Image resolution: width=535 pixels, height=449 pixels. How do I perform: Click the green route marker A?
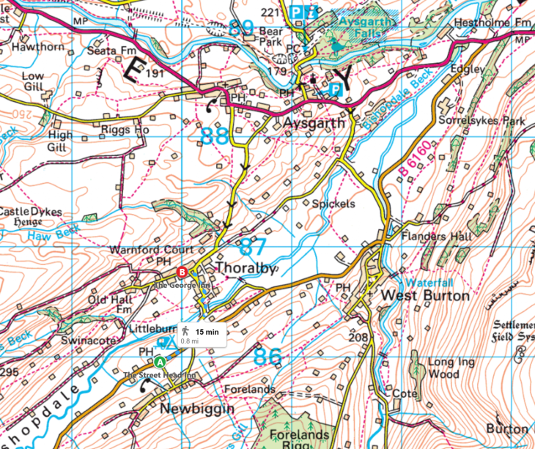tap(160, 361)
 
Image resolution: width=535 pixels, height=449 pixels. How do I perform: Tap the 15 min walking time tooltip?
tap(202, 335)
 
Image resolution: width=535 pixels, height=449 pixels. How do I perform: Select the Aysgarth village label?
tap(313, 124)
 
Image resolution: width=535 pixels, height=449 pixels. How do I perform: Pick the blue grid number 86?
tap(267, 357)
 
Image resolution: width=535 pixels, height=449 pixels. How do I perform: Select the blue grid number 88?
tap(214, 136)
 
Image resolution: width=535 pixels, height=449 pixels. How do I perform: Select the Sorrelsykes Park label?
tap(481, 119)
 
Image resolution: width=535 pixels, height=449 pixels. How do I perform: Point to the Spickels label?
tap(333, 203)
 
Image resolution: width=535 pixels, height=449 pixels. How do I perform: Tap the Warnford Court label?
tap(151, 250)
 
